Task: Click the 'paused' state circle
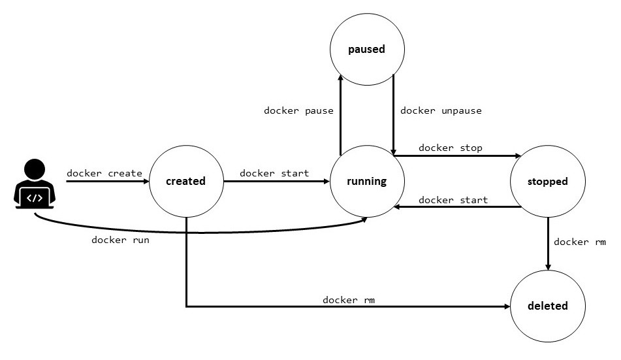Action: pyautogui.click(x=366, y=49)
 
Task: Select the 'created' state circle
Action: pyautogui.click(x=186, y=181)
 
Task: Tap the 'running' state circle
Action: pyautogui.click(x=366, y=181)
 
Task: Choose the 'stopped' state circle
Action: pyautogui.click(x=547, y=181)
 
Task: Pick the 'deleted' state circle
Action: pyautogui.click(x=547, y=305)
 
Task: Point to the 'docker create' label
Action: pyautogui.click(x=104, y=173)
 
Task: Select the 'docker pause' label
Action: pyautogui.click(x=298, y=110)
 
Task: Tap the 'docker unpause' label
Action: pyautogui.click(x=441, y=110)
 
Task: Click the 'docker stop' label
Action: pyautogui.click(x=451, y=148)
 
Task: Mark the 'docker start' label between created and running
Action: pyautogui.click(x=274, y=173)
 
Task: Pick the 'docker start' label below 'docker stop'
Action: pyautogui.click(x=453, y=200)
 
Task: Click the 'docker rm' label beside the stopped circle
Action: pyautogui.click(x=580, y=242)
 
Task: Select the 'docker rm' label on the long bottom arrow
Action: pyautogui.click(x=349, y=300)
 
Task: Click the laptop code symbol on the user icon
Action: pyautogui.click(x=35, y=197)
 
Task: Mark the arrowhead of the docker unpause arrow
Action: pyautogui.click(x=393, y=151)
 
